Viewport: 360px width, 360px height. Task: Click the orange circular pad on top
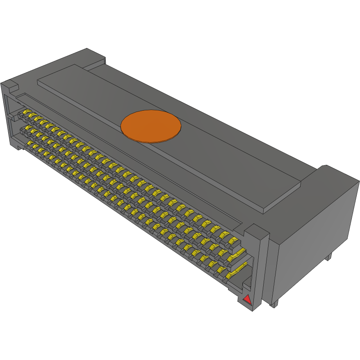pyautogui.click(x=151, y=126)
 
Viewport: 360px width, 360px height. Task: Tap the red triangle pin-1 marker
pyautogui.click(x=247, y=299)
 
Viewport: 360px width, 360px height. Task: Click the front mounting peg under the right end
pyautogui.click(x=274, y=304)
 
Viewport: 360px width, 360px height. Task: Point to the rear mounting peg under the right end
pyautogui.click(x=329, y=257)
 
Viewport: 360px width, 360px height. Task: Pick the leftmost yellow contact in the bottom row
pyautogui.click(x=30, y=144)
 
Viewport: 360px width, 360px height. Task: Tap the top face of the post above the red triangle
pyautogui.click(x=257, y=231)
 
